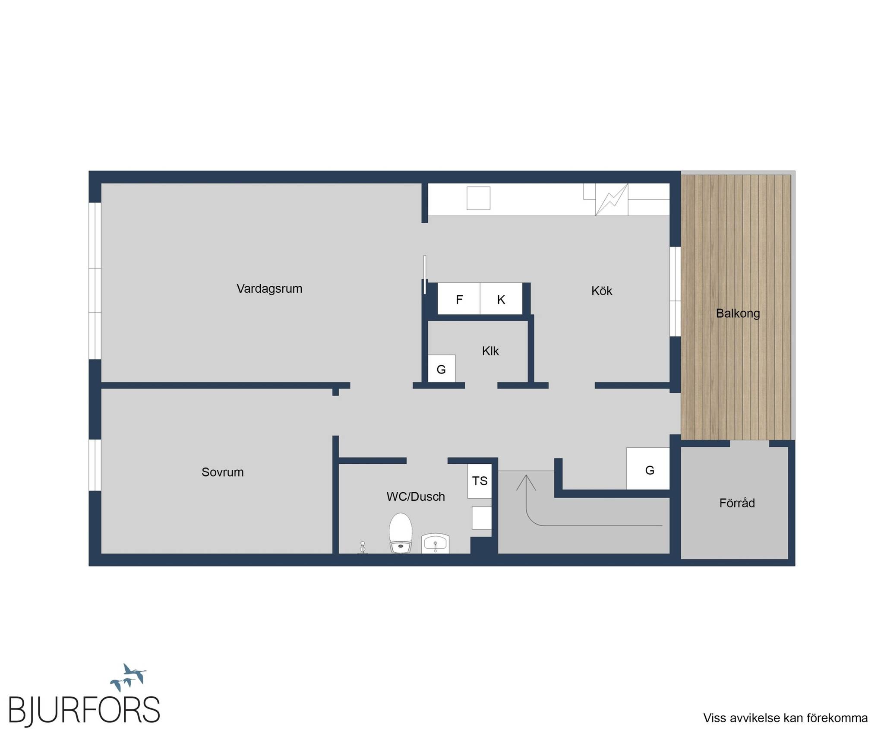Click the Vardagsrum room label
click(269, 288)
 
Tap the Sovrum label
click(223, 472)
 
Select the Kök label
click(602, 291)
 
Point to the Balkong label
click(738, 313)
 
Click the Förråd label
click(737, 503)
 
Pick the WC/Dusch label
click(416, 497)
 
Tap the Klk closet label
click(490, 351)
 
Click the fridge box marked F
click(459, 299)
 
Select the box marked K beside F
click(501, 299)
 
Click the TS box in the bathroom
click(480, 481)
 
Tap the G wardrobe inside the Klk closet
click(441, 369)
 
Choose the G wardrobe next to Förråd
click(648, 468)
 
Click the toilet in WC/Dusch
click(401, 533)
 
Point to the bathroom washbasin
click(436, 544)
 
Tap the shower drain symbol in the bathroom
click(363, 547)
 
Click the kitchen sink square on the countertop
click(478, 198)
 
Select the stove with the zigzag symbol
click(612, 199)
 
